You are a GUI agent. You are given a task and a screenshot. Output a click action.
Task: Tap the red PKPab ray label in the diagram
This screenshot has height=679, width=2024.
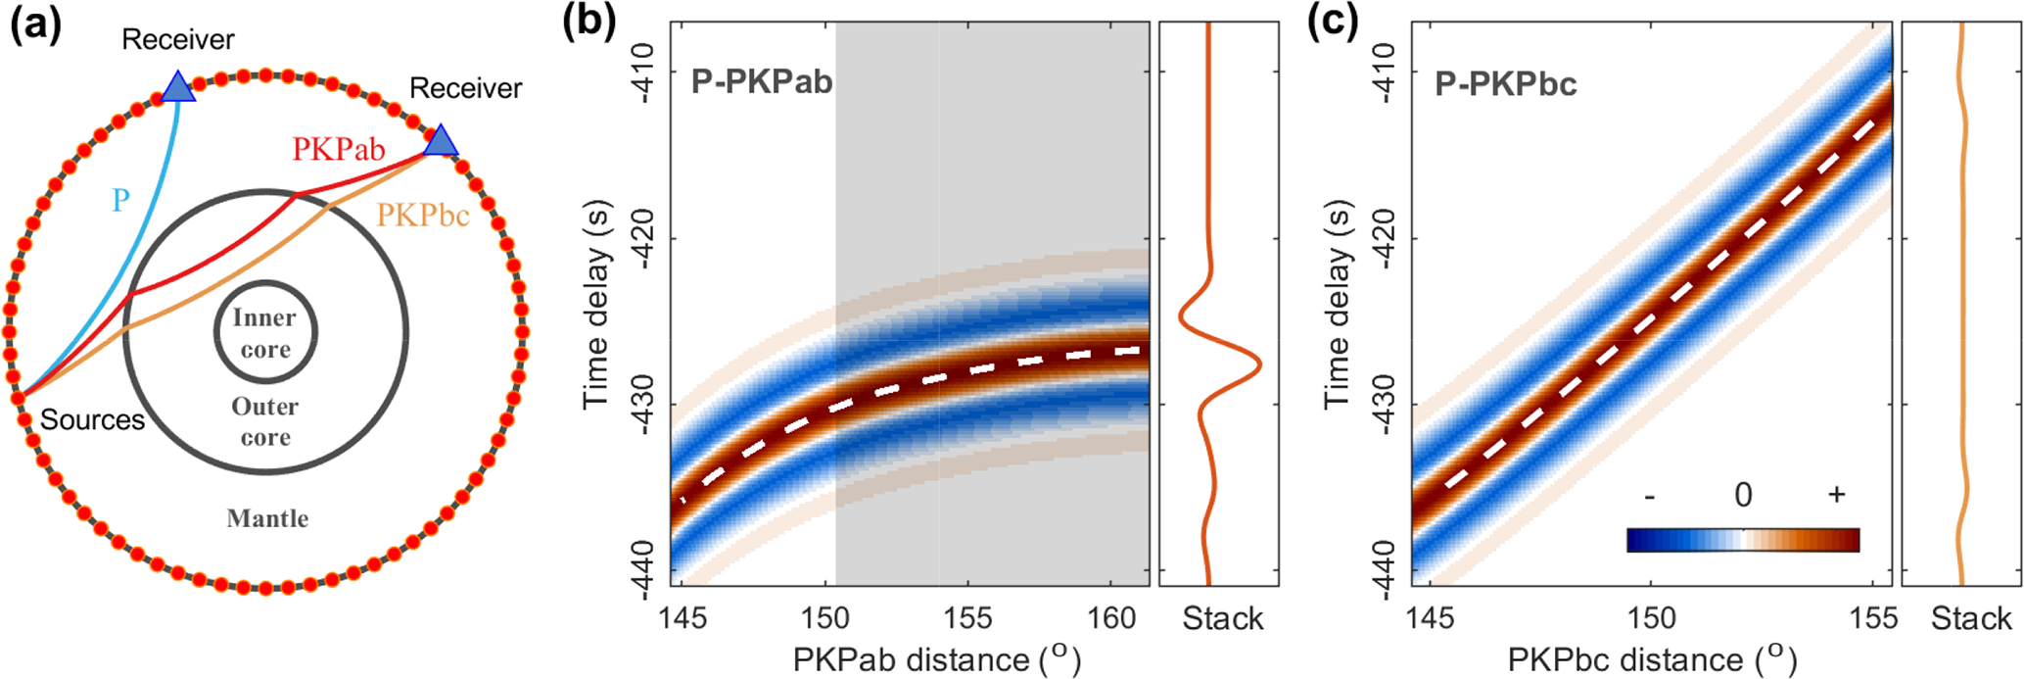pyautogui.click(x=338, y=150)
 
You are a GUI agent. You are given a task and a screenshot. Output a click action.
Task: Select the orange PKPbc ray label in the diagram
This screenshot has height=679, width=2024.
pyautogui.click(x=423, y=216)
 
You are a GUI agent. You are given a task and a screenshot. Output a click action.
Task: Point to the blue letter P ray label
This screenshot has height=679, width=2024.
pyautogui.click(x=120, y=200)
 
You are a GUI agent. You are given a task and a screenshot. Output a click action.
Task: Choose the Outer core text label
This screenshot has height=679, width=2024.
pyautogui.click(x=265, y=421)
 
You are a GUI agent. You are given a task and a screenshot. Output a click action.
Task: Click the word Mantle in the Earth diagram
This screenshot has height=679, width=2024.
pyautogui.click(x=267, y=518)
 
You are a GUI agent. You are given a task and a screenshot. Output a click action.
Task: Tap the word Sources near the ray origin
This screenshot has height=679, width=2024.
pyautogui.click(x=92, y=420)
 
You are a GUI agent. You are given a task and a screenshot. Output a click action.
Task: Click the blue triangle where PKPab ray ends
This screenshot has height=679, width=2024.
pyautogui.click(x=441, y=141)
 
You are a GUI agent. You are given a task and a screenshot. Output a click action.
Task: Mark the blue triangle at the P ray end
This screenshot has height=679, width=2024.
pyautogui.click(x=177, y=86)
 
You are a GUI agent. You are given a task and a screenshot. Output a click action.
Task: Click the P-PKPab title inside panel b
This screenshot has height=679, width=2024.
pyautogui.click(x=762, y=81)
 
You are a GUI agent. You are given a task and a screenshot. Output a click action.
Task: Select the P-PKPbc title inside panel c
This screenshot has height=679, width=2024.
pyautogui.click(x=1506, y=85)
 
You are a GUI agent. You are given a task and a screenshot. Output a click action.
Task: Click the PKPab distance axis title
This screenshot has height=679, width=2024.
pyautogui.click(x=936, y=659)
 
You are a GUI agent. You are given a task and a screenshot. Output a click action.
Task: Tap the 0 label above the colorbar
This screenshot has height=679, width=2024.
pyautogui.click(x=1742, y=496)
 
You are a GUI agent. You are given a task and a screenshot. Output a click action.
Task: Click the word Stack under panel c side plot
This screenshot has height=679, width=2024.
pyautogui.click(x=1971, y=618)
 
